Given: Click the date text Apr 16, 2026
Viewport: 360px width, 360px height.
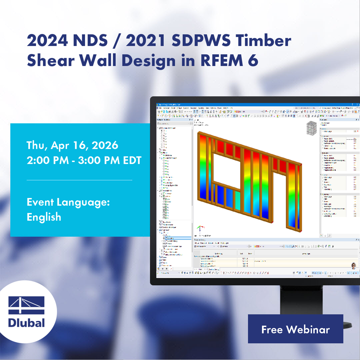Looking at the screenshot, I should pos(84,145).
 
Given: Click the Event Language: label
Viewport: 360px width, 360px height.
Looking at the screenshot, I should pos(68,202).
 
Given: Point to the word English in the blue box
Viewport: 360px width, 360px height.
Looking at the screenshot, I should pos(44,217).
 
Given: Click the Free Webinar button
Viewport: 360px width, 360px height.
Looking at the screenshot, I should pos(295,329).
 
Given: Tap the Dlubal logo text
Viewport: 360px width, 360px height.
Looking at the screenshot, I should pos(27,323).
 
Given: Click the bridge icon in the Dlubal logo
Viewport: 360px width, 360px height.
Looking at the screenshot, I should pos(27,305).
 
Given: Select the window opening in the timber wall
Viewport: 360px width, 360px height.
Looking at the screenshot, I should pos(226,169).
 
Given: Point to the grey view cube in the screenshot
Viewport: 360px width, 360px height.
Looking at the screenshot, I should pos(311,129).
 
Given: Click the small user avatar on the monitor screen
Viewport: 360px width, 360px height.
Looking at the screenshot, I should pos(353,265).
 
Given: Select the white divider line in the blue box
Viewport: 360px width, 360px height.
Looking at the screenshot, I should pos(79,180).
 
